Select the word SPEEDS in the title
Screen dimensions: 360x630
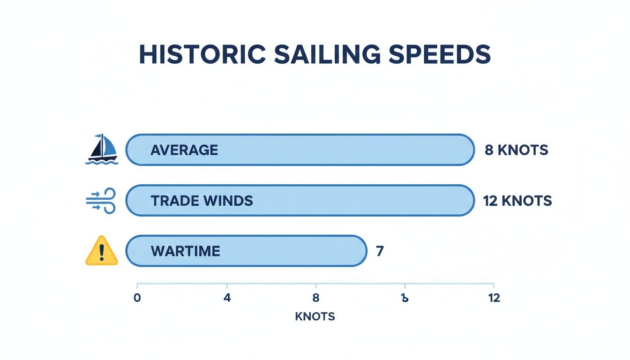coord(439,55)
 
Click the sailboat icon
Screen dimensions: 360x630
coord(102,150)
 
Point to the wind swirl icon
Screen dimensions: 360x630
coord(101,201)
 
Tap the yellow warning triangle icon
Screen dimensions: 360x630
coord(102,251)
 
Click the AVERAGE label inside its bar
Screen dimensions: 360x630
coord(184,150)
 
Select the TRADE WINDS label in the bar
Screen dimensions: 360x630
coord(202,201)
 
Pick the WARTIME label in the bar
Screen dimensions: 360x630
coord(185,251)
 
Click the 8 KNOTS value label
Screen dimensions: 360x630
coord(516,150)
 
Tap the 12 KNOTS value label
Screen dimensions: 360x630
coord(517,201)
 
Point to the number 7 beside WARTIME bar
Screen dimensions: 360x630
coord(380,251)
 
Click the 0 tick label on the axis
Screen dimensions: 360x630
coord(137,298)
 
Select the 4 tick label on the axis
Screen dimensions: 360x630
coord(227,298)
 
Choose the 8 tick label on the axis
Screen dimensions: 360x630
coord(315,298)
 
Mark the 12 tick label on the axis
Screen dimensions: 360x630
coord(494,298)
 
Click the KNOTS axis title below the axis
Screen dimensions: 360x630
coord(315,316)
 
